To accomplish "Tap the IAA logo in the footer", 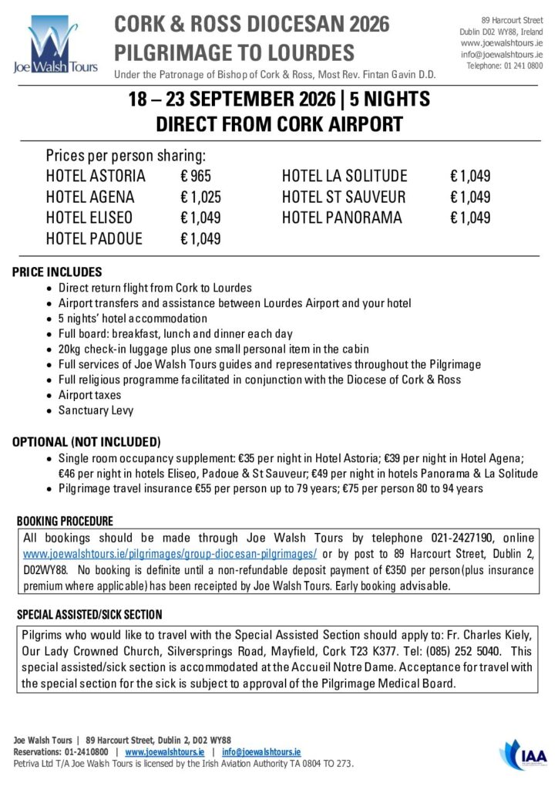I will point(524,752).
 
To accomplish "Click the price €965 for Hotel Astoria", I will point(196,176).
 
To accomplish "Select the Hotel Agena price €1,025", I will point(200,197).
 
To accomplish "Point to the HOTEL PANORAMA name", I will point(342,218).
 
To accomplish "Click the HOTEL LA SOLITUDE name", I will point(345,176).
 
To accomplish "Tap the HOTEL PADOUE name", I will point(94,238).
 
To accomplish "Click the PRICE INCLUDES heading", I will point(57,272).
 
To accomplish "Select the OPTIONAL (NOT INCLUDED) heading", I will point(86,442).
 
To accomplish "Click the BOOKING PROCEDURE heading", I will point(65,521).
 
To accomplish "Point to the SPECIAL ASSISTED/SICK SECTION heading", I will point(89,615).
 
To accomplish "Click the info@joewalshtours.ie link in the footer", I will point(261,751).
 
